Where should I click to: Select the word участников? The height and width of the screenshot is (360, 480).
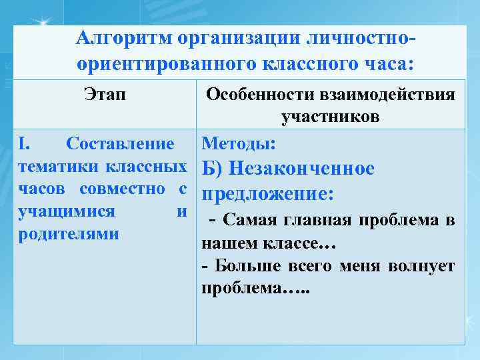point(330,117)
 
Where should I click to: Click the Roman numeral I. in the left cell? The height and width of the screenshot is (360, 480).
point(23,143)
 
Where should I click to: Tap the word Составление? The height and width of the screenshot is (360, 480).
point(121,143)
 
